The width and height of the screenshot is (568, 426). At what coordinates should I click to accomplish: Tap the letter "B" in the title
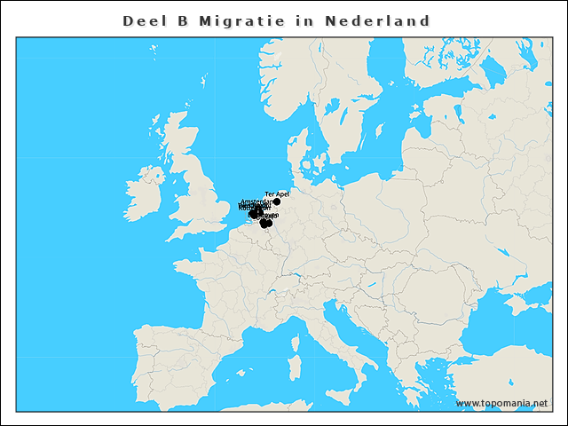(183, 20)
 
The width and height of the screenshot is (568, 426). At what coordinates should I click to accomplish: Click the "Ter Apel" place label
(277, 193)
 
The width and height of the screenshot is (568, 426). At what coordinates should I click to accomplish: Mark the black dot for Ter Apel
(277, 201)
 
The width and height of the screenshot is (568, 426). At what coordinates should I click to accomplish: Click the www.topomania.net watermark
(501, 403)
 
